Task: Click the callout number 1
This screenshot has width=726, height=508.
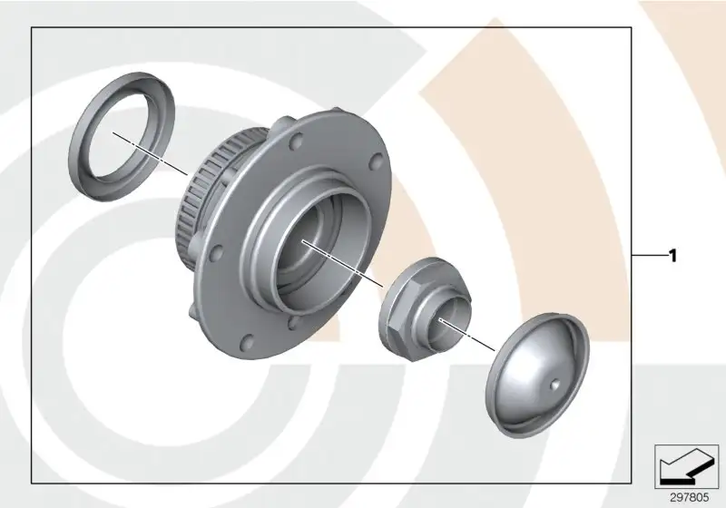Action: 673,256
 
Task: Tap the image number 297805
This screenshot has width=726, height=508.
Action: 690,497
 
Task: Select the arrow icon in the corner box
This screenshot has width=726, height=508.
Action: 687,466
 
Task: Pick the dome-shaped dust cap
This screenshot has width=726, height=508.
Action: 537,376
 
